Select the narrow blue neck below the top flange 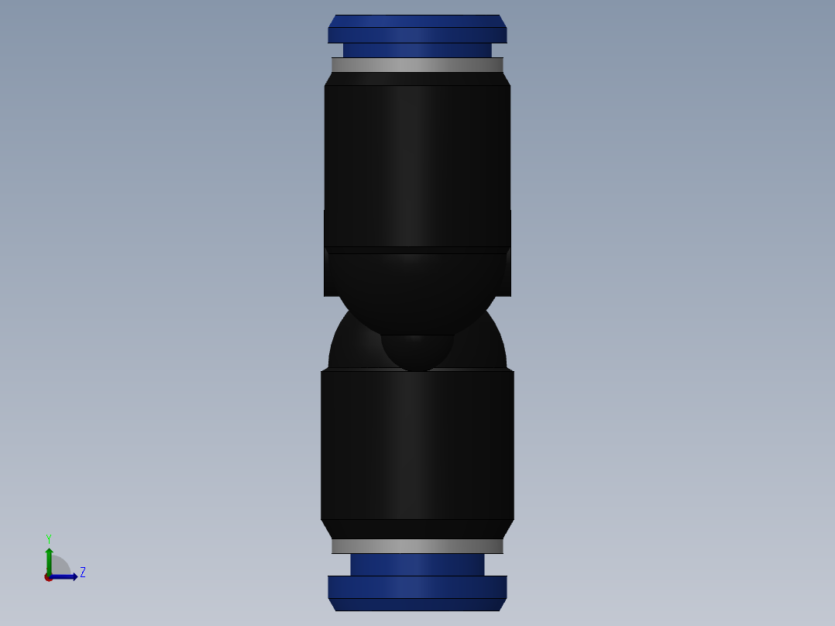click(417, 50)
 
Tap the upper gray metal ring click(417, 65)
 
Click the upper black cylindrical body click(417, 163)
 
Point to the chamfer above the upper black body click(417, 78)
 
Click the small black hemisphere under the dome click(417, 352)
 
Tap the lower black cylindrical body click(417, 445)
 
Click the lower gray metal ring click(417, 546)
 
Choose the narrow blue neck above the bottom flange click(417, 564)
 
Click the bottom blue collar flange click(417, 586)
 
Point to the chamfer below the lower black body click(417, 528)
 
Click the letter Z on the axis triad click(83, 573)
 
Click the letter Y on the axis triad click(49, 538)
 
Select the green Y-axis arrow click(49, 559)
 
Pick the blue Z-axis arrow click(67, 576)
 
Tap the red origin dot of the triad click(49, 577)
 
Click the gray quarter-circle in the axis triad click(60, 566)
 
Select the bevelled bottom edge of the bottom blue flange click(417, 604)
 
